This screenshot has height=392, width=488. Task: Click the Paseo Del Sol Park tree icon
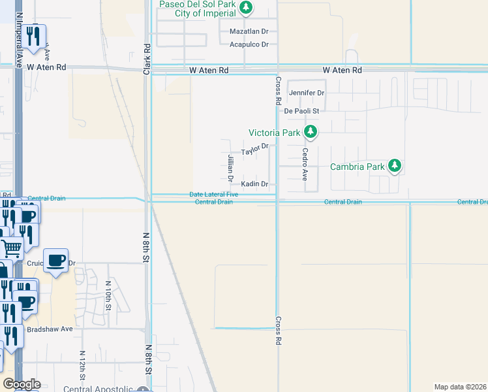(x=246, y=8)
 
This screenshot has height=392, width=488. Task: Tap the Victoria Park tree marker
(x=311, y=133)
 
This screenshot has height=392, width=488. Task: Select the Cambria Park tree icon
(x=394, y=167)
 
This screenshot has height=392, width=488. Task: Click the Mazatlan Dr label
(x=249, y=31)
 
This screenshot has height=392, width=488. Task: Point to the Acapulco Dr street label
(x=249, y=44)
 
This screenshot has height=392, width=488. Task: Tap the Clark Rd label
(x=147, y=58)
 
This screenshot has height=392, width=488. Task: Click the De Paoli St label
(x=301, y=111)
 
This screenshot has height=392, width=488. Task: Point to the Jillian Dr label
(x=230, y=168)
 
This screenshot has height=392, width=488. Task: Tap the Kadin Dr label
(x=254, y=184)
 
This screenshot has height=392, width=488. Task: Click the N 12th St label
(x=83, y=367)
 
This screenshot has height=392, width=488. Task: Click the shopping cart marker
(x=11, y=248)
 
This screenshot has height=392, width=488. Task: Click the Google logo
(x=22, y=384)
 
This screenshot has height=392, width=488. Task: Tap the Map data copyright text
(x=460, y=387)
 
